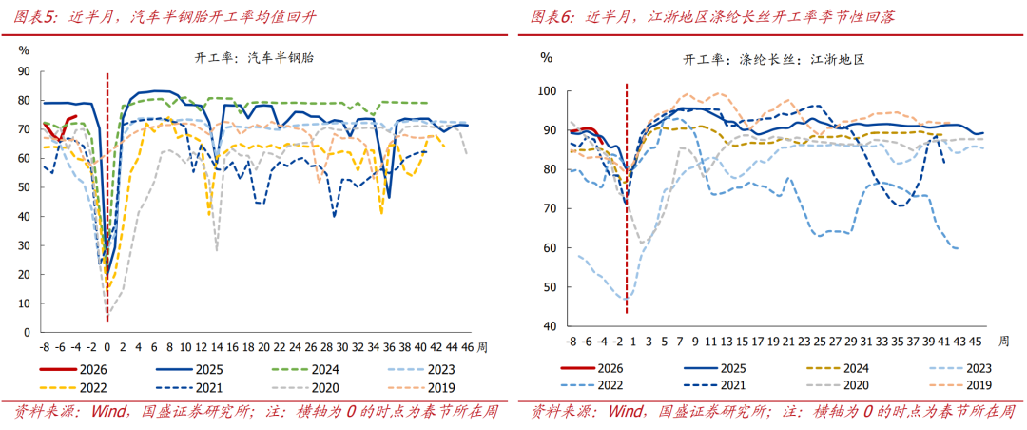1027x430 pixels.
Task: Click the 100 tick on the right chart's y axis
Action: tap(546, 91)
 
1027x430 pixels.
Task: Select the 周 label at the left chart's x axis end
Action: tap(483, 346)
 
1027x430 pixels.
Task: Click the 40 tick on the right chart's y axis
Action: tap(549, 326)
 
